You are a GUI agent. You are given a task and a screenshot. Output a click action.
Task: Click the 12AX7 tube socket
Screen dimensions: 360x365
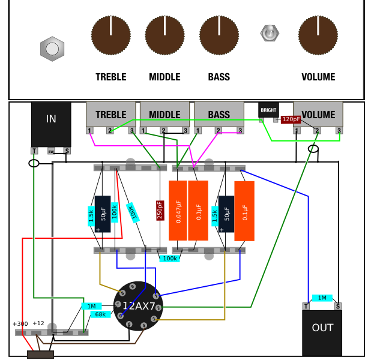tap(138, 305)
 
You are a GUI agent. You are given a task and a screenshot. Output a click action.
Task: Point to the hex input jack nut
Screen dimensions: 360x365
tap(52, 49)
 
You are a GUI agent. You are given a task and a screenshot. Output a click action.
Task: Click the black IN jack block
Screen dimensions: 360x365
tap(51, 124)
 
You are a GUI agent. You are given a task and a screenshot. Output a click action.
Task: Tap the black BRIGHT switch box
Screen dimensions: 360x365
tap(268, 110)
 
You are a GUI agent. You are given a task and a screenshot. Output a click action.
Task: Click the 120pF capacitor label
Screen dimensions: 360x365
tap(291, 119)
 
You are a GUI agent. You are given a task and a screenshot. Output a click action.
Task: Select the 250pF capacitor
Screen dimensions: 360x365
tap(160, 210)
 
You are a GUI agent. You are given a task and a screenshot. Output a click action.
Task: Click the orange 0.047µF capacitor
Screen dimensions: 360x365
tap(178, 211)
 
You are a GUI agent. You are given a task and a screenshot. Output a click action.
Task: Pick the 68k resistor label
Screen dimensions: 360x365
tap(100, 314)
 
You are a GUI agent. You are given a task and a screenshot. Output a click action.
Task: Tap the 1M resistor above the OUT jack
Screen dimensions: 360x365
tap(322, 298)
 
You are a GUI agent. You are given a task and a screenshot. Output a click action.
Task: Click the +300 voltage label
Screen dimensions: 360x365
tap(20, 324)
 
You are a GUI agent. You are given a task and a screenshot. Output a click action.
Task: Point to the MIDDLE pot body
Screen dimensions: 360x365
tap(164, 113)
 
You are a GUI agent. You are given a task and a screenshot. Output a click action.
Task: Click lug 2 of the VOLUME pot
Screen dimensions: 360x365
tap(316, 130)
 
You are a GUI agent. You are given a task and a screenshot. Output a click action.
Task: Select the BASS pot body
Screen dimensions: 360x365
tap(219, 113)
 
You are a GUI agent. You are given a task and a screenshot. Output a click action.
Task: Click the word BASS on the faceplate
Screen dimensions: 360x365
tap(219, 77)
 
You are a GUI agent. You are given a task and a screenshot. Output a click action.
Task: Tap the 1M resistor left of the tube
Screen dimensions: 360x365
tap(91, 306)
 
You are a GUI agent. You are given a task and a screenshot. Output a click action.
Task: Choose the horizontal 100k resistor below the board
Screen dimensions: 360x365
tap(170, 258)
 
